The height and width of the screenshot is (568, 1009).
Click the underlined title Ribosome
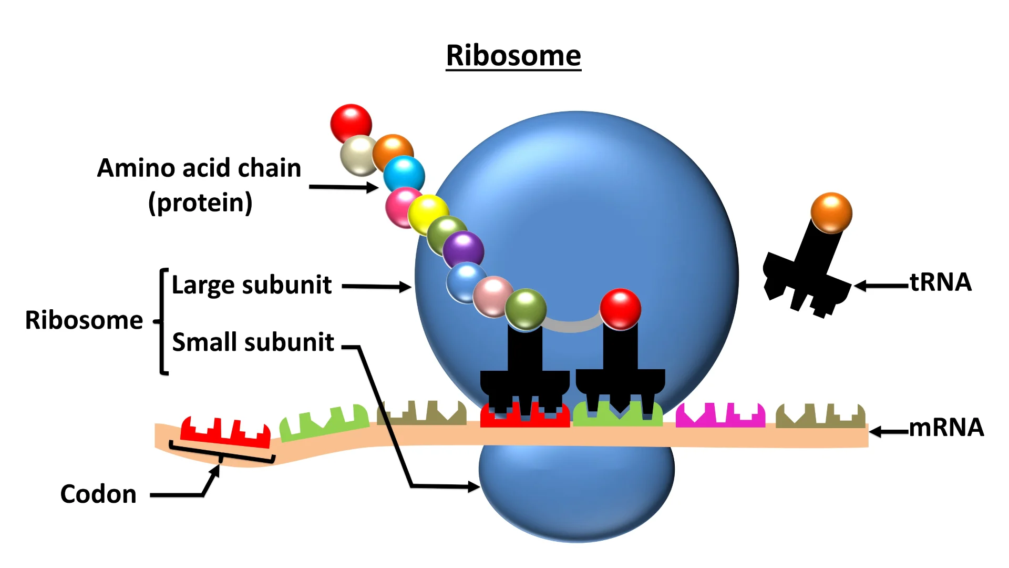click(513, 56)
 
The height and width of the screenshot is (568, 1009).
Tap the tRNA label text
click(941, 282)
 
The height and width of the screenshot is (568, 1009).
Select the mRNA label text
click(946, 428)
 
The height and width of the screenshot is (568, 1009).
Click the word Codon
click(98, 494)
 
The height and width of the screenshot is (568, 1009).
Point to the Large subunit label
click(252, 285)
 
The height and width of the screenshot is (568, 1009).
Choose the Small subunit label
click(253, 342)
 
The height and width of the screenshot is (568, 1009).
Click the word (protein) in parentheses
click(200, 203)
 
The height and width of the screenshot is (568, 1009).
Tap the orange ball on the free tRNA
click(831, 212)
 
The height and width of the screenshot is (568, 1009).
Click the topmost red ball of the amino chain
click(351, 123)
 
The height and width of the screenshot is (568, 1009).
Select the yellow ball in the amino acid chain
click(428, 214)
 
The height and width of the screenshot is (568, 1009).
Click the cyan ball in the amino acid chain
click(404, 174)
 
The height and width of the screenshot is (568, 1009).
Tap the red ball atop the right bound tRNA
click(620, 309)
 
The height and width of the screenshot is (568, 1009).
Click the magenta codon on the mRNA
click(720, 415)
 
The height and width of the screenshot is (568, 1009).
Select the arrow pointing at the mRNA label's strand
click(889, 432)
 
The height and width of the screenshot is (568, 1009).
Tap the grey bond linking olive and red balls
click(572, 326)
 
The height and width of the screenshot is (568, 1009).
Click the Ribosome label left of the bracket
click(84, 320)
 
